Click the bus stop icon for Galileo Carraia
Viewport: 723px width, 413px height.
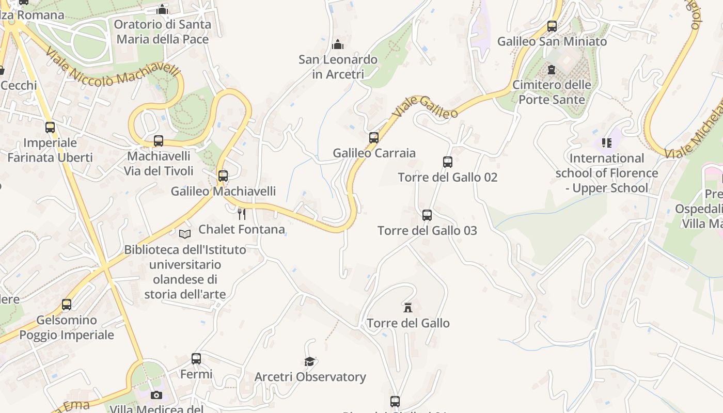(x=374, y=138)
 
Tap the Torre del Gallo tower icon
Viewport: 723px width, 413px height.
(x=408, y=308)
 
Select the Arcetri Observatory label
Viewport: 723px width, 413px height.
(x=310, y=377)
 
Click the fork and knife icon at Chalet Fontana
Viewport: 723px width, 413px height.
(x=241, y=213)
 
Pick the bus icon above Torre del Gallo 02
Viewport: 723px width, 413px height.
(x=448, y=162)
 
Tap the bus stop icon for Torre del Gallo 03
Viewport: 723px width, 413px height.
(x=427, y=215)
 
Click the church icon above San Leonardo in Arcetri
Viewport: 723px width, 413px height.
(x=338, y=44)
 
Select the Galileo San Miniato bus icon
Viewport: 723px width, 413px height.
(x=552, y=26)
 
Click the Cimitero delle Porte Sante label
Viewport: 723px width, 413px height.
(x=552, y=92)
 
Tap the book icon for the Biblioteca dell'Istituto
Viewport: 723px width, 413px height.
(x=185, y=234)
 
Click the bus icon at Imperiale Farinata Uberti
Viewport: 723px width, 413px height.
(x=50, y=128)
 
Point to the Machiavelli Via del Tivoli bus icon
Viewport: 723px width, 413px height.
(x=159, y=141)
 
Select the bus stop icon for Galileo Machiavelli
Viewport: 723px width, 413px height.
(x=223, y=176)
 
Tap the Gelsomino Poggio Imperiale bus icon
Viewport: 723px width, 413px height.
(x=67, y=305)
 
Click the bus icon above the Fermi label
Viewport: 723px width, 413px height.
(x=196, y=359)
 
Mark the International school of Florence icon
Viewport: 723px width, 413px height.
(x=606, y=142)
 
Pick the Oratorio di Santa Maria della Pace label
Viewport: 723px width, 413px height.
(x=162, y=31)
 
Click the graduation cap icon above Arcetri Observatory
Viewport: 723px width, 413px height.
(x=309, y=361)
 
